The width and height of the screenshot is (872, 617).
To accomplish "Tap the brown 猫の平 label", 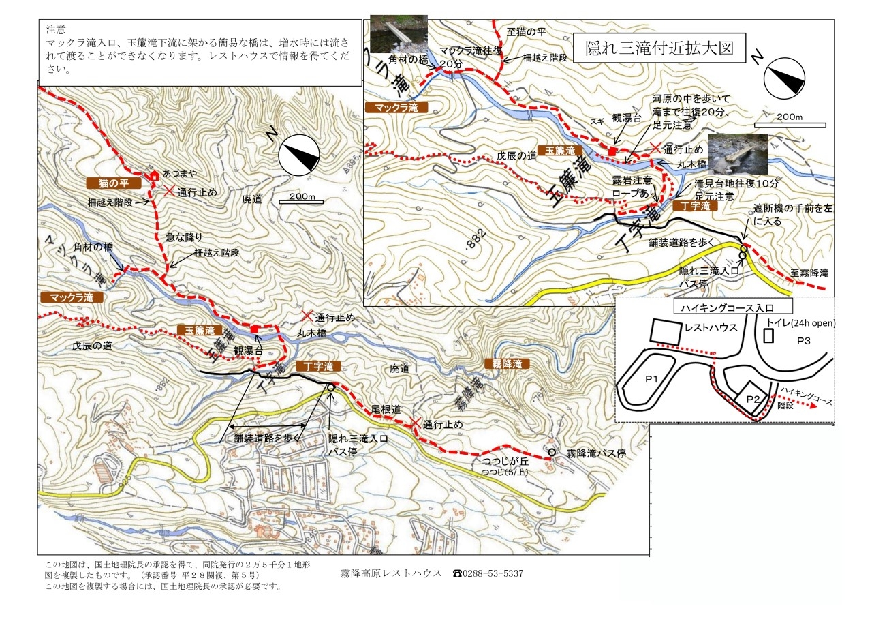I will [114, 183].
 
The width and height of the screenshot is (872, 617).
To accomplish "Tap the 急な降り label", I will [185, 237].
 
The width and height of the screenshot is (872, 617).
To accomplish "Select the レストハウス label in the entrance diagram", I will [711, 328].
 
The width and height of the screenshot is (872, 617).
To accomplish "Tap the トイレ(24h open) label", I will [800, 322].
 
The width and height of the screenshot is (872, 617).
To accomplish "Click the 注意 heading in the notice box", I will [56, 30].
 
